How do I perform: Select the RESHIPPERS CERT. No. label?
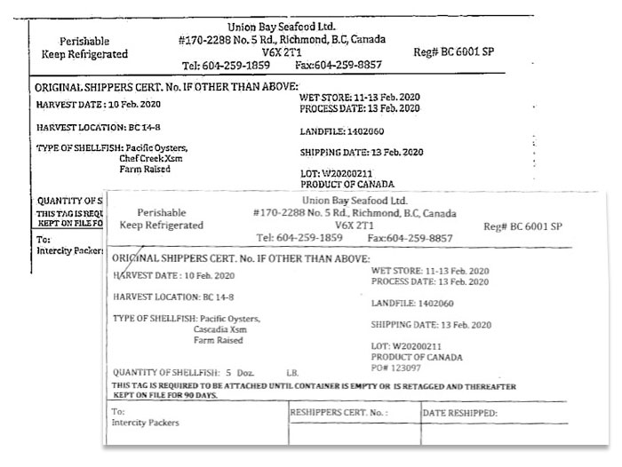[339, 414]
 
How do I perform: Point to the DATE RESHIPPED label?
[460, 414]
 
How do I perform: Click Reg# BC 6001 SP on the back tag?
[454, 51]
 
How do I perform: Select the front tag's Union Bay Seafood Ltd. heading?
[342, 202]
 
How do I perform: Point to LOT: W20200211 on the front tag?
[406, 346]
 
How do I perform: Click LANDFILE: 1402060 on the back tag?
[342, 131]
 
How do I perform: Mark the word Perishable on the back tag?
[84, 41]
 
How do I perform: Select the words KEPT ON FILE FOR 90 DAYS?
[164, 395]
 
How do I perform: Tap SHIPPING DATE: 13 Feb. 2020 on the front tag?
[430, 325]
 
